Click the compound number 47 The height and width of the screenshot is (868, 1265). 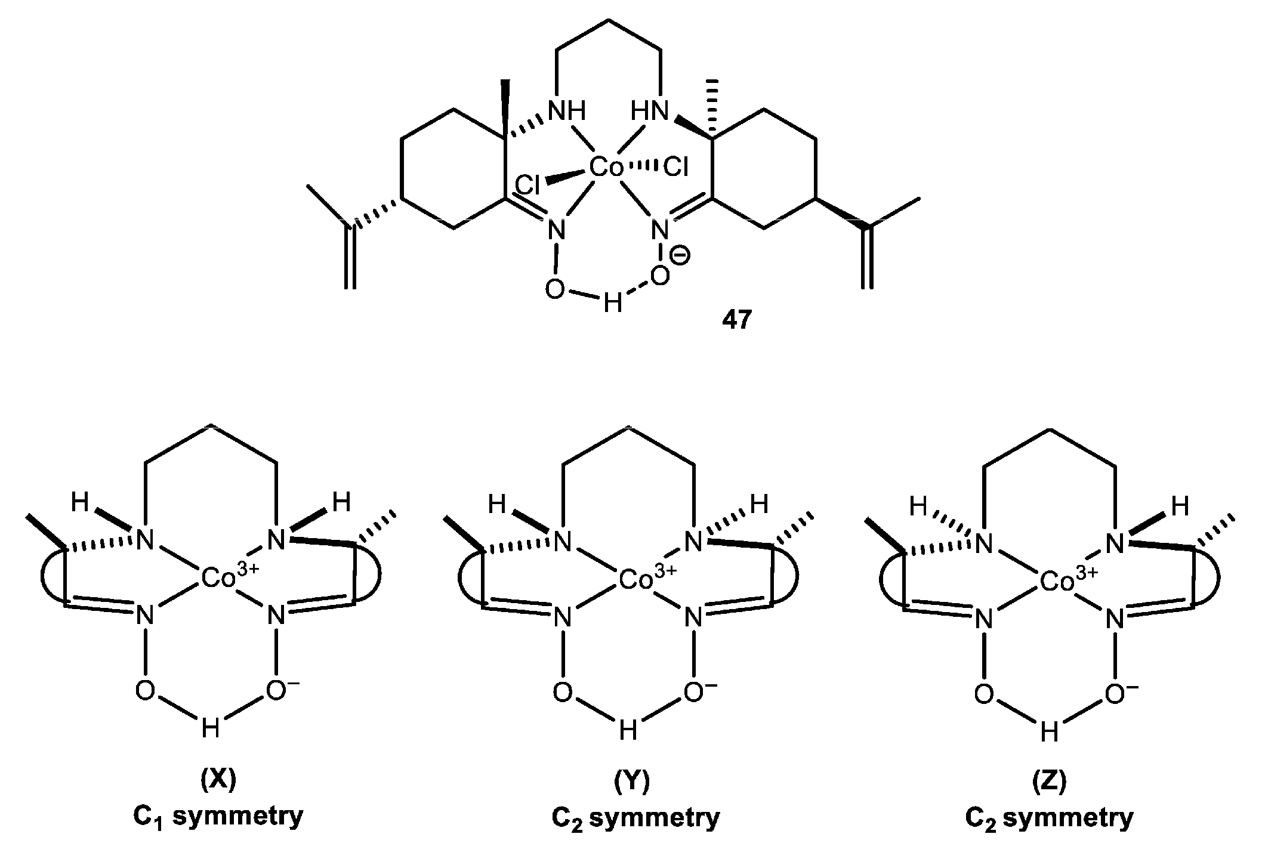pyautogui.click(x=737, y=320)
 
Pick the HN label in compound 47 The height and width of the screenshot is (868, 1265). pyautogui.click(x=650, y=111)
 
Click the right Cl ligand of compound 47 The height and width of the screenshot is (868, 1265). pyautogui.click(x=676, y=169)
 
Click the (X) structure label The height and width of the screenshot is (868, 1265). pyautogui.click(x=218, y=780)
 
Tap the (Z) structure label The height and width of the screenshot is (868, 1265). pyautogui.click(x=1048, y=780)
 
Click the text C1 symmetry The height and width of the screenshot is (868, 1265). pyautogui.click(x=218, y=816)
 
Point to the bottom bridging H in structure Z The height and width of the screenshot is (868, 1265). pyautogui.click(x=1048, y=733)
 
